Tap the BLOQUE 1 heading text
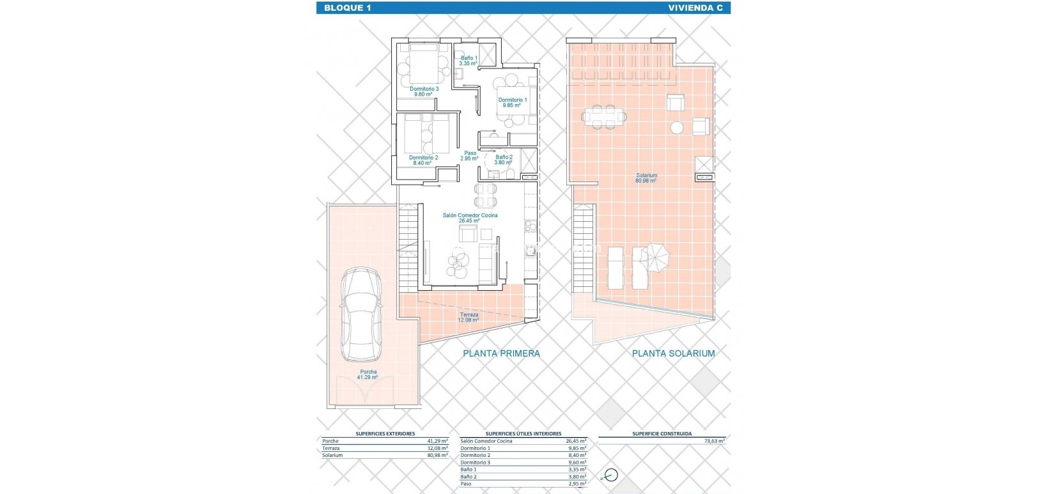[347, 8]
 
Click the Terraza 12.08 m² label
[469, 318]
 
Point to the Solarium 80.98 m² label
[646, 178]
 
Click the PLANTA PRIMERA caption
[502, 353]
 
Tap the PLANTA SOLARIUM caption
[673, 353]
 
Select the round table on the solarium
[677, 127]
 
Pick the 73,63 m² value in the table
[713, 441]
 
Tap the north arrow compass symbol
[610, 475]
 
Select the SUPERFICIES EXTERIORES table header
[385, 433]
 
